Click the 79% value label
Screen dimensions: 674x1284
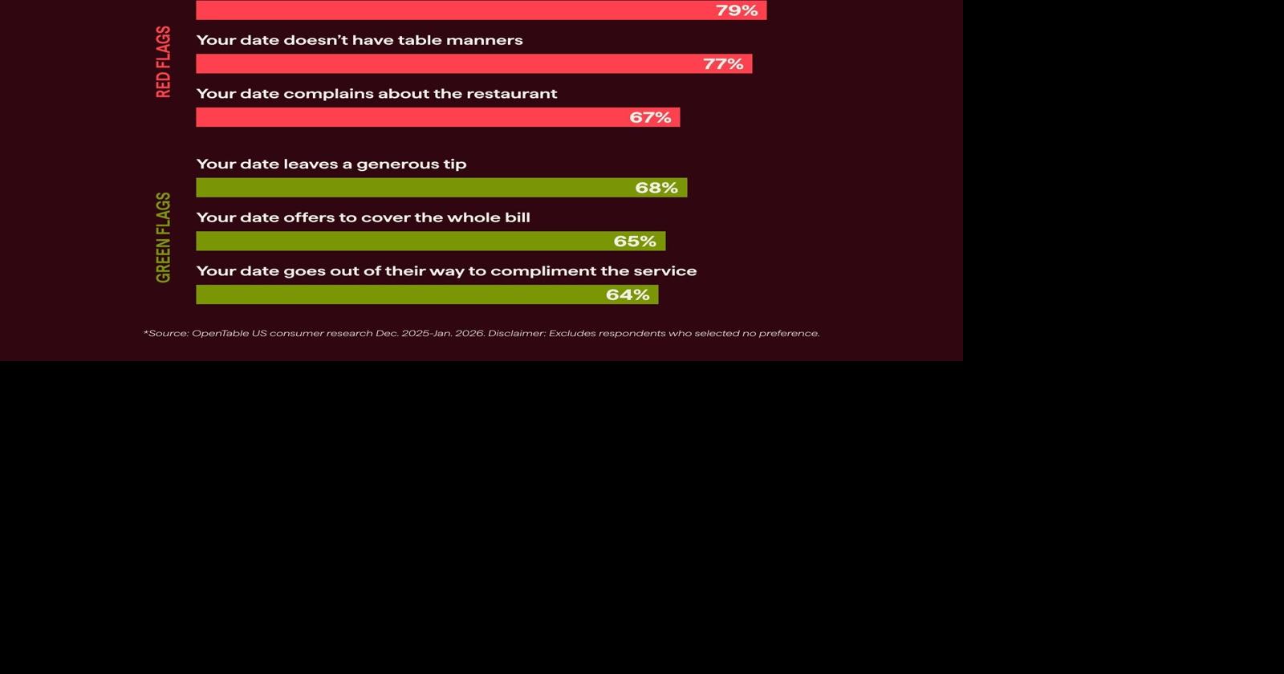click(x=737, y=10)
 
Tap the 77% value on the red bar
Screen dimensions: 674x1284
click(x=723, y=64)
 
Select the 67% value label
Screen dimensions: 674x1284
click(x=650, y=117)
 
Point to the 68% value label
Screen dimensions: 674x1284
click(x=656, y=188)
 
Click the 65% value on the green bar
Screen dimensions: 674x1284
click(x=635, y=242)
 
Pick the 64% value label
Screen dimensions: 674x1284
click(x=628, y=294)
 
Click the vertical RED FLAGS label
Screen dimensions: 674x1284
click(x=164, y=62)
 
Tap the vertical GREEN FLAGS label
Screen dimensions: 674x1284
click(x=164, y=238)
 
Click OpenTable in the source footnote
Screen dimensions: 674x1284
click(x=219, y=333)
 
